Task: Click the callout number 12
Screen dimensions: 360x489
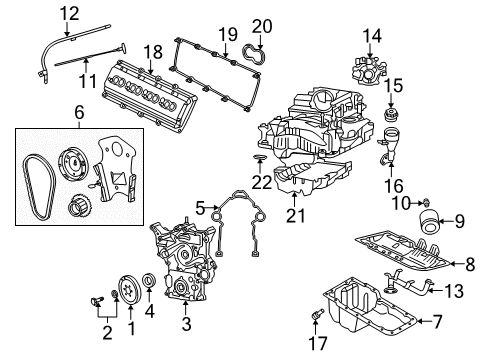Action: [68, 13]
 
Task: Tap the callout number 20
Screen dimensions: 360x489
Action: [261, 26]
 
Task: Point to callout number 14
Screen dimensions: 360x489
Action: [372, 36]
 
